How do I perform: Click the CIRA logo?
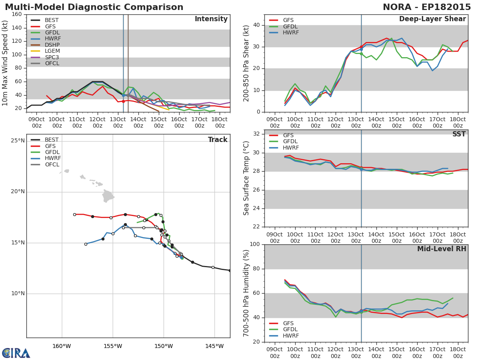16,353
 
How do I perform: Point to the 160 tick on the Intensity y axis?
17,14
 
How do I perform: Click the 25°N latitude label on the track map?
18,140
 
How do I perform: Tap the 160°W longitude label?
62,346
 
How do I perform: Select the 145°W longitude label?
214,346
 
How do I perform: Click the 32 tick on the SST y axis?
256,134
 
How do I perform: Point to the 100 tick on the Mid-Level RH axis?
255,244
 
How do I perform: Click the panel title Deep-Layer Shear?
432,19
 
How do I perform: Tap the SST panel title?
459,134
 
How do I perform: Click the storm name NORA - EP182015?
427,7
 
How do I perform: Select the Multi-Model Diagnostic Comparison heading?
94,7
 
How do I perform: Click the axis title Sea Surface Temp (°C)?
246,178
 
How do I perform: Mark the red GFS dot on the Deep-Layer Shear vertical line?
361,47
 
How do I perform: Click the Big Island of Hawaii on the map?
108,196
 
